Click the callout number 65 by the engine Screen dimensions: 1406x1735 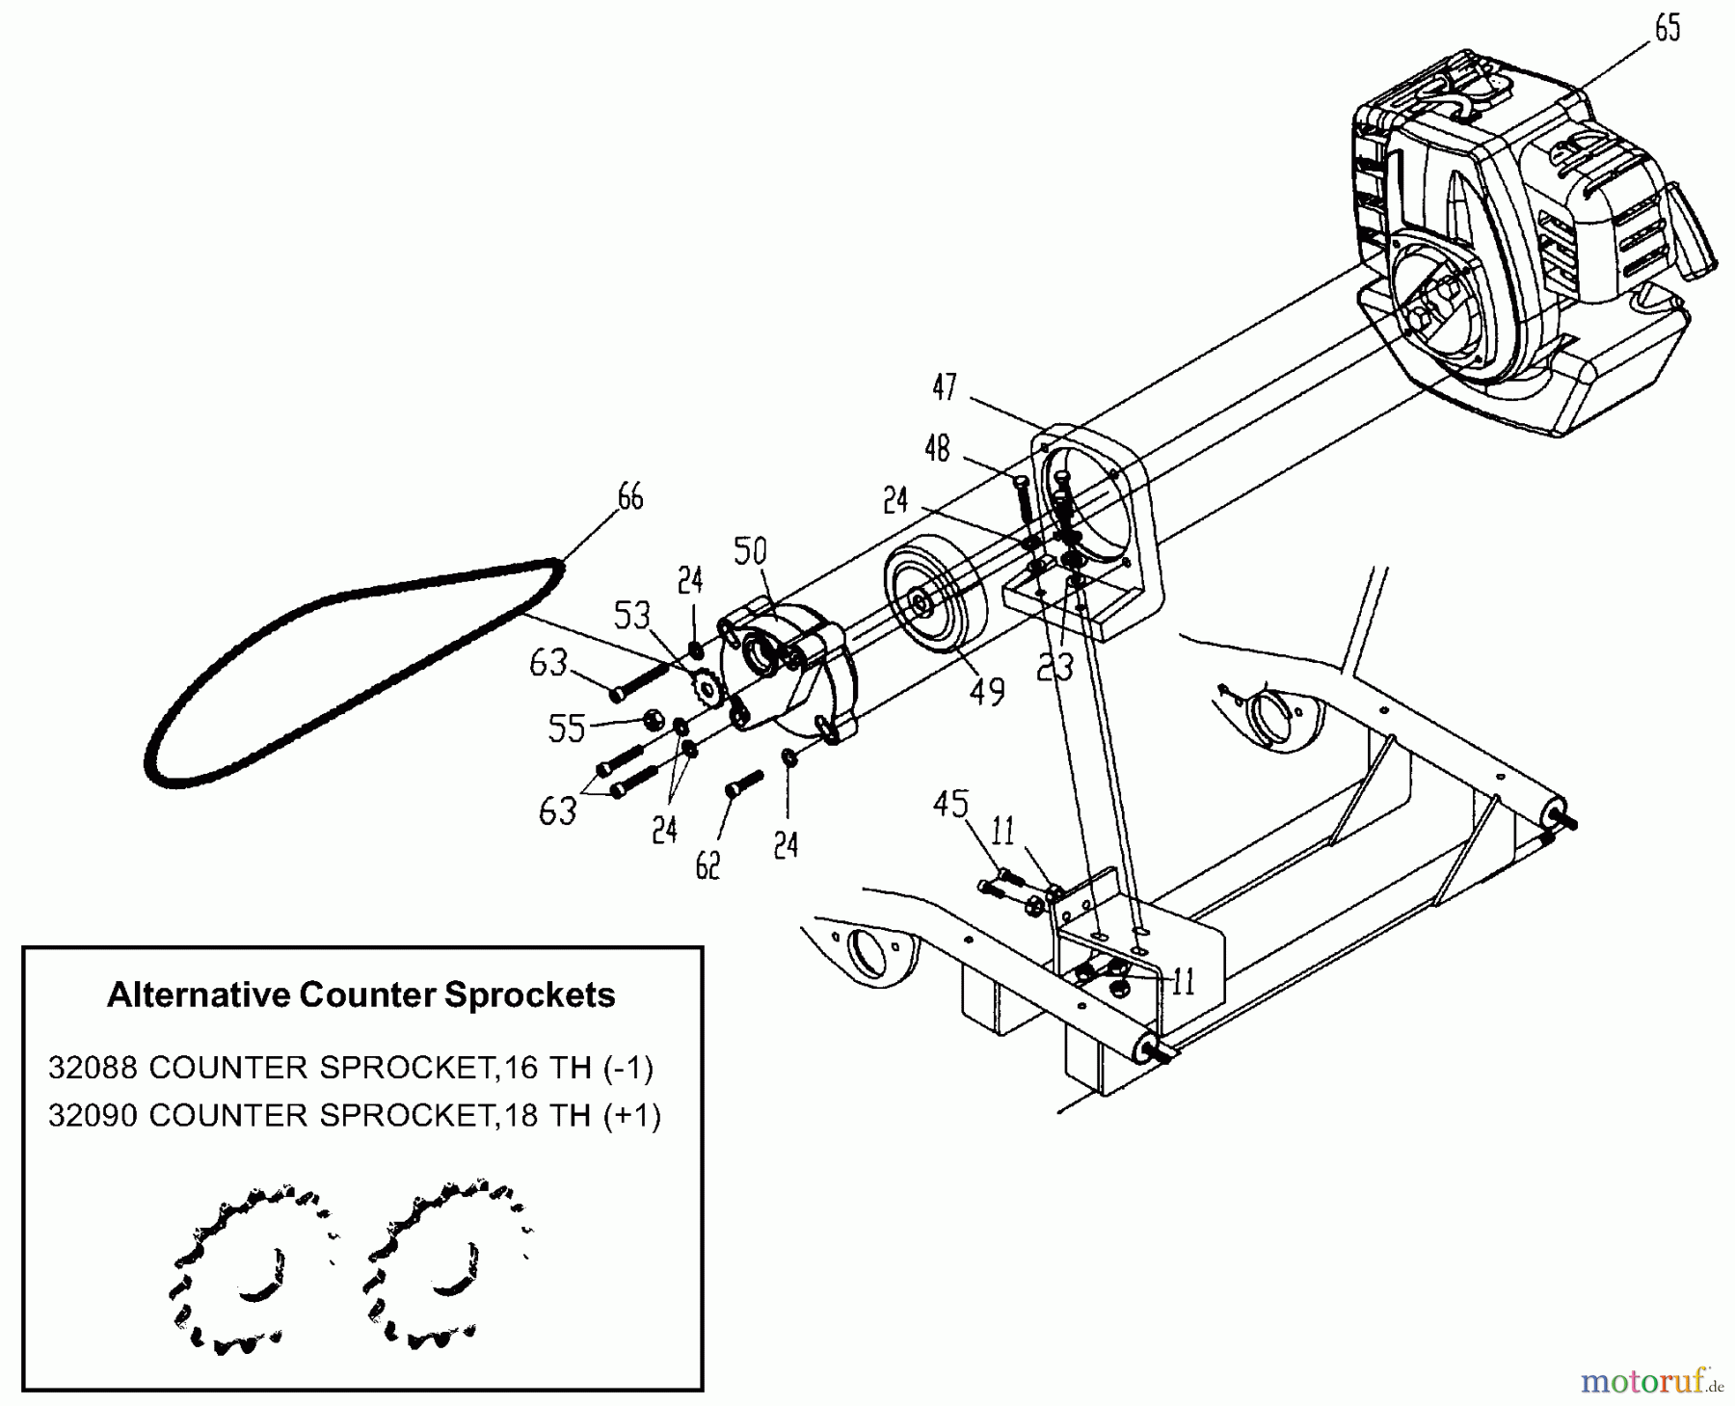click(1668, 30)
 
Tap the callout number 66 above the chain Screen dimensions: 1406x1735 click(629, 497)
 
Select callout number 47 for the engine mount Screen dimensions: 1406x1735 click(945, 387)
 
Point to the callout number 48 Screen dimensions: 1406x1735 click(937, 448)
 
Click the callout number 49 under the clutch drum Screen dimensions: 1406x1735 click(987, 690)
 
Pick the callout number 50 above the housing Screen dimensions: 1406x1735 click(750, 551)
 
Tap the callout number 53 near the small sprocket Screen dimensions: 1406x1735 click(632, 615)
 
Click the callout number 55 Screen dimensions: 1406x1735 click(567, 729)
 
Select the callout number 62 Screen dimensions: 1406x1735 click(707, 866)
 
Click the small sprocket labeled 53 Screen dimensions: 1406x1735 click(708, 687)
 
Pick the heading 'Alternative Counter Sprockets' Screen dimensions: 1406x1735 click(360, 995)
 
